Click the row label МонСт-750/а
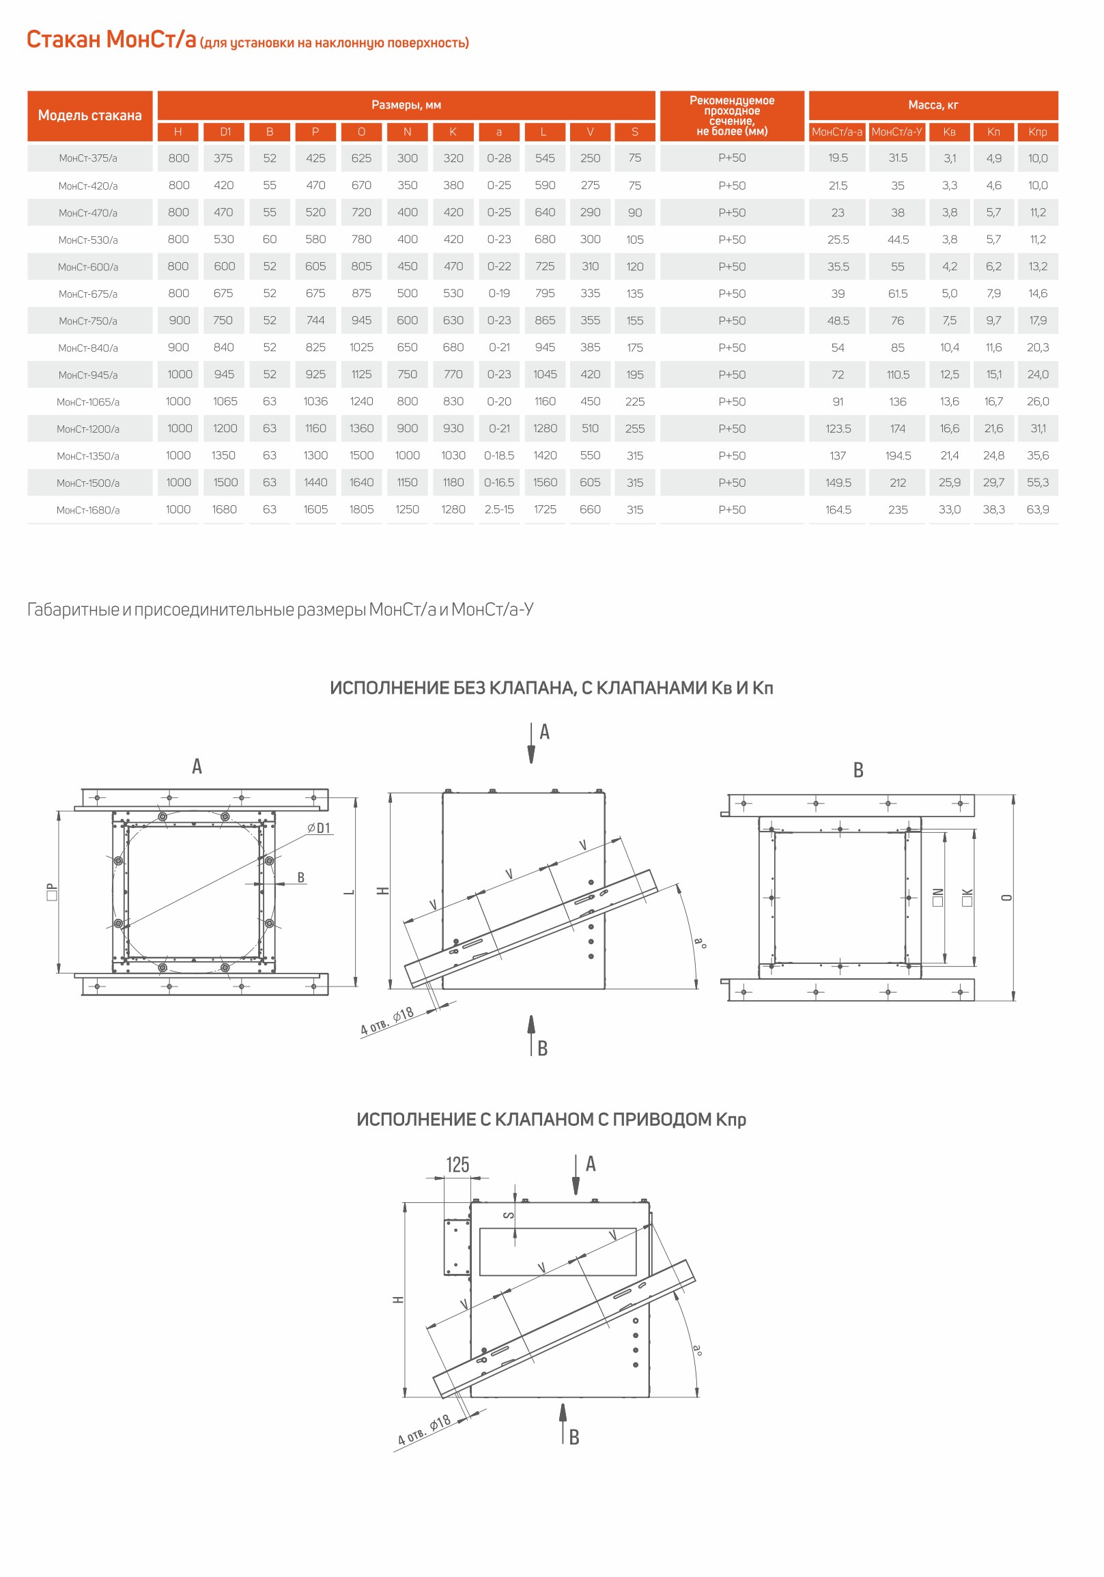88,321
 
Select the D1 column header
225,132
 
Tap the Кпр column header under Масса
1037,132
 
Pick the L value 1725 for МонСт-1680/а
545,510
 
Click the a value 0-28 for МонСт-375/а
499,158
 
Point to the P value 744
315,320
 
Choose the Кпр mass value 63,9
1037,510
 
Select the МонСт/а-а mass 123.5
838,429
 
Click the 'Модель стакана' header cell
90,115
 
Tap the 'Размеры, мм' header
406,105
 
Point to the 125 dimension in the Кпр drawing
457,1165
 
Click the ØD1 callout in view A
319,828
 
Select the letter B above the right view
858,770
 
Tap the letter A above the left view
197,767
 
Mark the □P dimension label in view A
51,892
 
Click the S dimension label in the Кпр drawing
509,1215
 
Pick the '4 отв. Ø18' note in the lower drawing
425,1430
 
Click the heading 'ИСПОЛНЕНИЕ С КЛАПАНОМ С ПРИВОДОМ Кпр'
551,1120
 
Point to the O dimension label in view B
1006,898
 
